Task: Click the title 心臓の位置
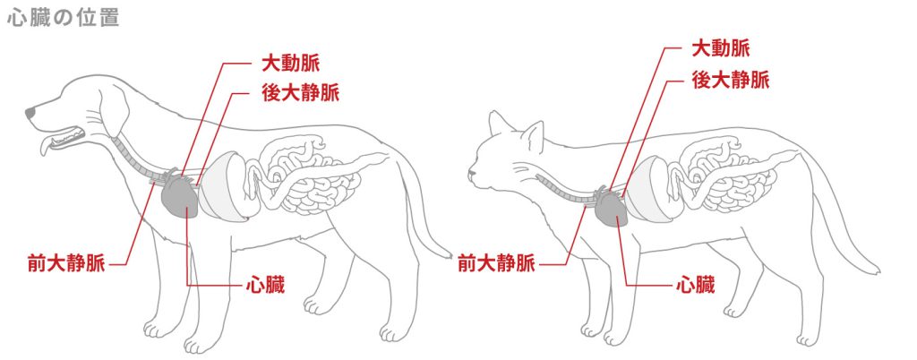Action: [63, 19]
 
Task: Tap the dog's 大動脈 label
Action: [289, 64]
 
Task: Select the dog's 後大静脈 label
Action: [301, 92]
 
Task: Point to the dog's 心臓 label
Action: [265, 287]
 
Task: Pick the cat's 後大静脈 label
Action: [730, 79]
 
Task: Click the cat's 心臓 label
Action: [695, 287]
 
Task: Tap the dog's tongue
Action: [50, 146]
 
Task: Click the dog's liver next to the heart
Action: [224, 188]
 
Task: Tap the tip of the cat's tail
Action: [877, 269]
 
